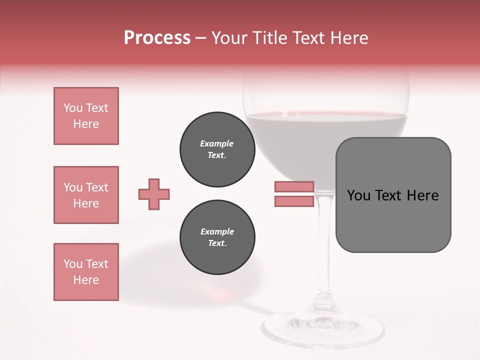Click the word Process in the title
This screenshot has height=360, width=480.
click(x=157, y=38)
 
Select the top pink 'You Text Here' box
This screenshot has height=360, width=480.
click(x=86, y=116)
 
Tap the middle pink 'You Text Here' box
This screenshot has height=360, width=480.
click(x=86, y=195)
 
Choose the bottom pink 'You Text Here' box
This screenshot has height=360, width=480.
click(x=86, y=272)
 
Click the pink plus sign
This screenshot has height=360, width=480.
click(x=154, y=194)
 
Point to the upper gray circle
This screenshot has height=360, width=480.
click(x=217, y=149)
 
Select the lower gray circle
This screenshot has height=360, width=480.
click(x=217, y=237)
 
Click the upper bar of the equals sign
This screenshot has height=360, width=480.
click(x=294, y=186)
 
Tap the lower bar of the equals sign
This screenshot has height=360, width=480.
click(x=294, y=201)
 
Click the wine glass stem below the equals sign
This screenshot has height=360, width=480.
click(x=325, y=240)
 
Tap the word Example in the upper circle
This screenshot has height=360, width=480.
click(x=216, y=143)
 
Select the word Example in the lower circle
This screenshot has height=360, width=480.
click(x=217, y=231)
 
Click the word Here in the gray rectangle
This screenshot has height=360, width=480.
click(x=422, y=195)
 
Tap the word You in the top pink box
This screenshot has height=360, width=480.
click(x=72, y=108)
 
